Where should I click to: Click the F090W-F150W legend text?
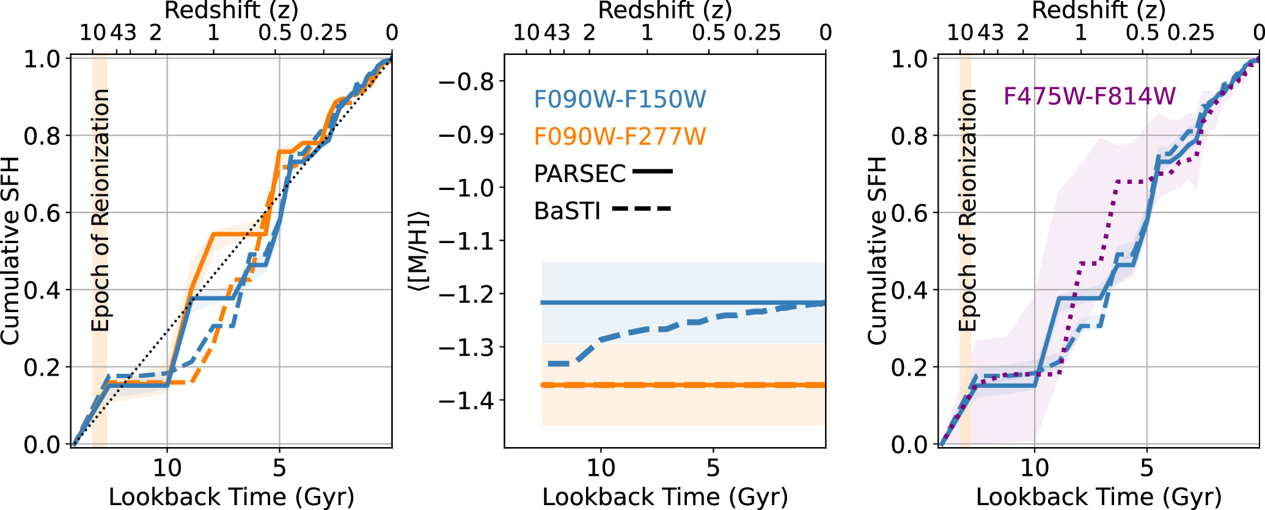click(x=620, y=99)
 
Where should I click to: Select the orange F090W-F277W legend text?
click(x=620, y=136)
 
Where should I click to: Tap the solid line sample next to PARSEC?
click(x=652, y=172)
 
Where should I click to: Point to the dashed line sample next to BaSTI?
click(x=641, y=209)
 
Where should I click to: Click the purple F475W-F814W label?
click(x=1089, y=97)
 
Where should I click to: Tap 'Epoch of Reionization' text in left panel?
click(x=100, y=210)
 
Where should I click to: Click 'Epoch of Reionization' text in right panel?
click(x=967, y=210)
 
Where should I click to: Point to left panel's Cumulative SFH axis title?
click(x=10, y=251)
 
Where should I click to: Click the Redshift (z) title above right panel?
click(x=1098, y=10)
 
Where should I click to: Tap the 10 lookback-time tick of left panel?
click(x=167, y=468)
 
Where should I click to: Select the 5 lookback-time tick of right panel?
click(x=1146, y=468)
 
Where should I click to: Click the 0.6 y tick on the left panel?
click(x=42, y=213)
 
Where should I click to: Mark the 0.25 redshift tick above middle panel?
click(x=757, y=32)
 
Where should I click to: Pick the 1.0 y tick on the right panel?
click(x=910, y=59)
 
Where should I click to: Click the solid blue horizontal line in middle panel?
click(x=672, y=302)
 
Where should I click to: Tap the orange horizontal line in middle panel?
click(x=672, y=385)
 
